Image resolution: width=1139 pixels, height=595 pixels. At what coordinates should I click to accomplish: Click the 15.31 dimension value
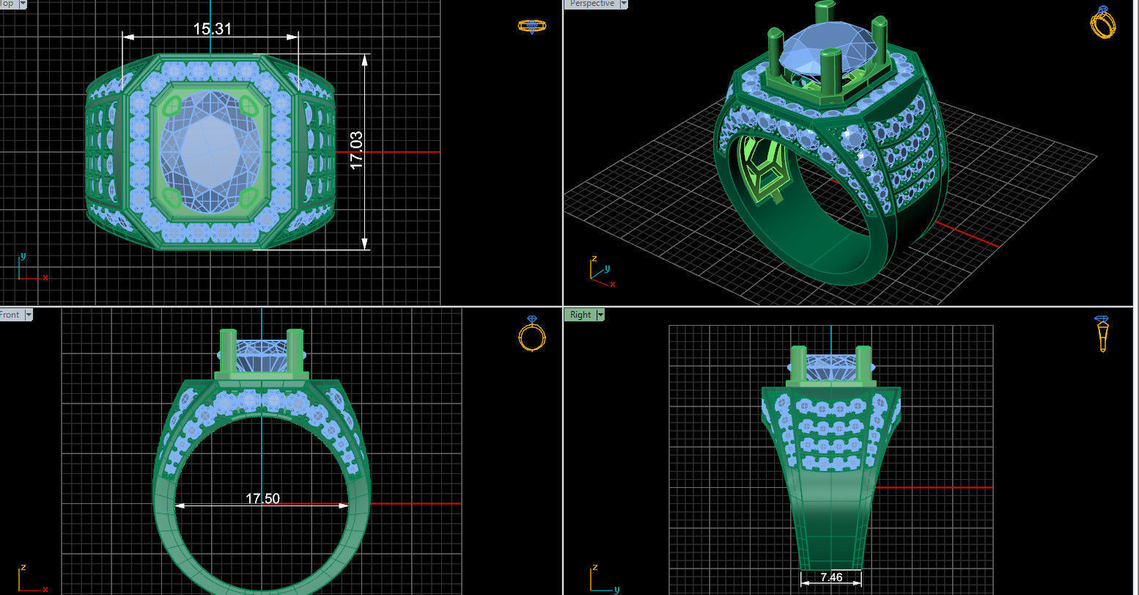(213, 29)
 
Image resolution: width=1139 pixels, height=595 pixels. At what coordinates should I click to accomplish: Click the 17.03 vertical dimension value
(357, 151)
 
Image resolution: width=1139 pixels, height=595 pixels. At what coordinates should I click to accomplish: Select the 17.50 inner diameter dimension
(262, 498)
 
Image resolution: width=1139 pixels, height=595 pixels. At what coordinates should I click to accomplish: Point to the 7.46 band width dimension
(831, 577)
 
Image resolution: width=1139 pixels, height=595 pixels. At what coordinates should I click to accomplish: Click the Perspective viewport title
(591, 4)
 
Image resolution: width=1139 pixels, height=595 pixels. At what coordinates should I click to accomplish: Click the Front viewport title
(10, 315)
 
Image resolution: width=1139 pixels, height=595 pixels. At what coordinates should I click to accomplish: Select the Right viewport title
(580, 315)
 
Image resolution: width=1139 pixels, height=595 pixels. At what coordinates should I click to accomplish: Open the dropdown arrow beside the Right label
(600, 315)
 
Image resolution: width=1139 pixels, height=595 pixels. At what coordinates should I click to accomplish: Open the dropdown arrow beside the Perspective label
(624, 4)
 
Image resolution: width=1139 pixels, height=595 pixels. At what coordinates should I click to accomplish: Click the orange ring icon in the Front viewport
(532, 335)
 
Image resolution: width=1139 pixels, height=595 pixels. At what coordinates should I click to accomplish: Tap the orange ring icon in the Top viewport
(532, 26)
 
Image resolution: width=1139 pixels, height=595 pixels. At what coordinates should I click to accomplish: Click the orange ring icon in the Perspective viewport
(1102, 22)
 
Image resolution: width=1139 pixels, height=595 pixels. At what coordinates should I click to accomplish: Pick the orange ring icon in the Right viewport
(1102, 334)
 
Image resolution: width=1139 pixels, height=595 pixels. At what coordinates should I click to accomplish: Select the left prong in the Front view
(228, 351)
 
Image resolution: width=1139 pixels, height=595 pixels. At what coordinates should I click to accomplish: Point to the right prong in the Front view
(295, 351)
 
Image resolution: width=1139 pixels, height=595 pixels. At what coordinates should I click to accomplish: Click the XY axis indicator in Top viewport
(29, 269)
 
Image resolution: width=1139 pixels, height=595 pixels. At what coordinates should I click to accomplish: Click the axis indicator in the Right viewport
(601, 579)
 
